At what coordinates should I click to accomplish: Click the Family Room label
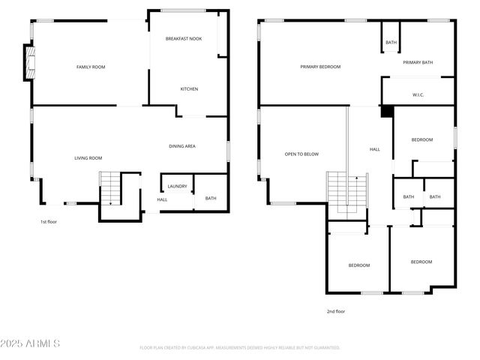[91, 67]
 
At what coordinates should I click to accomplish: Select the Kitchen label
[189, 89]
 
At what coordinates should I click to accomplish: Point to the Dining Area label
[182, 146]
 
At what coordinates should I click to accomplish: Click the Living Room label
[88, 158]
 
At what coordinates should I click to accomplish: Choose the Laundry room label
[177, 186]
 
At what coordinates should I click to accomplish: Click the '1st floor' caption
[49, 222]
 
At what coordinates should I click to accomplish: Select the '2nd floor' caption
[335, 311]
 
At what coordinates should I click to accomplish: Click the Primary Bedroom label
[320, 67]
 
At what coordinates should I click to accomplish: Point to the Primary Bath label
[418, 63]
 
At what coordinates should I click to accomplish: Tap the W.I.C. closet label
[418, 95]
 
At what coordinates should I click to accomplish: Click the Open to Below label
[301, 154]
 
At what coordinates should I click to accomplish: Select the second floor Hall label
[375, 149]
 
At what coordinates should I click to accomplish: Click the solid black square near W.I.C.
[387, 111]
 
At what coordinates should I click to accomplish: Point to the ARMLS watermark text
[30, 343]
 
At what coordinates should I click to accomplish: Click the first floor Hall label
[162, 199]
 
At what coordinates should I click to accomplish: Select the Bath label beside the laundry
[211, 199]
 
